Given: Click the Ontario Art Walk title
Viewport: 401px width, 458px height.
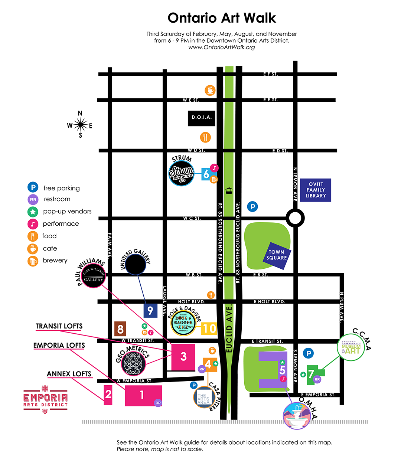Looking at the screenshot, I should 222,18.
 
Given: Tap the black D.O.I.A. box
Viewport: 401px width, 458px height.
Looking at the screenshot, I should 202,118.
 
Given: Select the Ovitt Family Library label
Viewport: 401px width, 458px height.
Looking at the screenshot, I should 316,190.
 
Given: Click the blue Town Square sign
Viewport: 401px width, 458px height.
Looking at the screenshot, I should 277,255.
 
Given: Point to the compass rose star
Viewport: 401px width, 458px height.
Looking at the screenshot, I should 80,125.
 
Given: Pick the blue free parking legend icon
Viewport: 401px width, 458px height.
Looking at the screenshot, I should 33,187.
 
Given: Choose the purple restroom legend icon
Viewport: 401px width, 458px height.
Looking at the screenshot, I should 33,199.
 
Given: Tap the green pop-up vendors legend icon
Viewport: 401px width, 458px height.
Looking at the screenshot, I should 33,212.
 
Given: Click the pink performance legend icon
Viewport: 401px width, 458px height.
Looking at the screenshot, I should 33,224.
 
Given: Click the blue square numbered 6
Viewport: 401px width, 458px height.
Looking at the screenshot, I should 206,174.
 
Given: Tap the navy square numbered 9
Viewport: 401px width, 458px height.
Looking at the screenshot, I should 150,311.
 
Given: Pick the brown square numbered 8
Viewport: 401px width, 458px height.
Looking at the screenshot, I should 120,329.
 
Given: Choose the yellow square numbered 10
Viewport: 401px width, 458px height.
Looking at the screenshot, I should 209,328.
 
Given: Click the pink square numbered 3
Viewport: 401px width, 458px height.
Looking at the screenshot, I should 183,357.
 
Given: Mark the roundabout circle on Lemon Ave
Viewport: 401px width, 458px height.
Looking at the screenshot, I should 295,218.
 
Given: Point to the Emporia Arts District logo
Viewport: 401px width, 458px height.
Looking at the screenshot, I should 45,399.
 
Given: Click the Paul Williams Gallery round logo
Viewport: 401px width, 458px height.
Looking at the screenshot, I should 93,276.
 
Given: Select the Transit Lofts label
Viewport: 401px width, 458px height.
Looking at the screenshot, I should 59,326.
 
